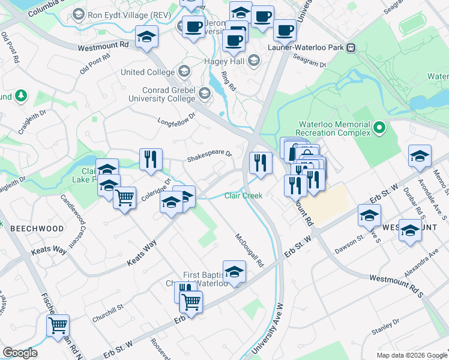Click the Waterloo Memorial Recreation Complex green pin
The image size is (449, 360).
tap(379, 128)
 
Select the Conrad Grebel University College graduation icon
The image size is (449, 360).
tap(205, 94)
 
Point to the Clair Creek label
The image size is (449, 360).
tap(243, 196)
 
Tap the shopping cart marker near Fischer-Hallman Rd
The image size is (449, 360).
tap(58, 326)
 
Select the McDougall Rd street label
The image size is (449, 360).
tap(250, 251)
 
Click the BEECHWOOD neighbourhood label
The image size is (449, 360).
tap(37, 229)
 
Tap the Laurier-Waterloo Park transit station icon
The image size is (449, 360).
tap(351, 47)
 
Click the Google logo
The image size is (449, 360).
tap(20, 353)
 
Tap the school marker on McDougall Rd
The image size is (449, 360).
tap(234, 271)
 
